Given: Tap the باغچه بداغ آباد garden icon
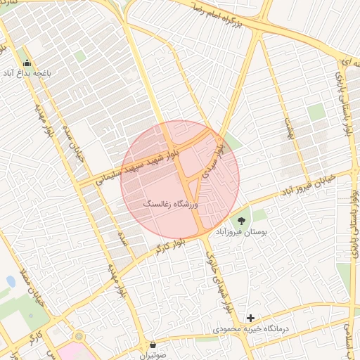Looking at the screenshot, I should coord(27,63).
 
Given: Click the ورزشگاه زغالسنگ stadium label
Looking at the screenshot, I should coord(172,204).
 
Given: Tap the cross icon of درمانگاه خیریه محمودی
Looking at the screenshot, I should coord(250,319).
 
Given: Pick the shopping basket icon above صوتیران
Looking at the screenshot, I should coord(153,345).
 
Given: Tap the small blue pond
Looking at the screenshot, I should coord(11,282).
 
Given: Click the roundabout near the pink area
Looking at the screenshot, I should coord(79,337).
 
